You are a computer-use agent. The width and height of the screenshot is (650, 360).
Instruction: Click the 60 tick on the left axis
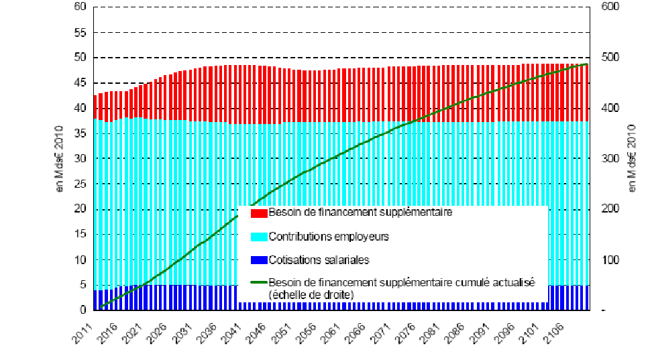(80, 7)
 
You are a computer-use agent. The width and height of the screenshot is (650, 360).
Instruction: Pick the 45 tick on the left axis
(80, 82)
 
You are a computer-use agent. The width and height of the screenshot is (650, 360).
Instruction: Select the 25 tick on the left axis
(80, 184)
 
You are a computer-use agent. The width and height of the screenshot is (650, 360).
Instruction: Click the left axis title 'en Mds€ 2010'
(60, 159)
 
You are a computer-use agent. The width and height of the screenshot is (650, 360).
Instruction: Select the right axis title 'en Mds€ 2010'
(632, 159)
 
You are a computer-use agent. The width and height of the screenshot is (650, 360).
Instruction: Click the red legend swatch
(259, 213)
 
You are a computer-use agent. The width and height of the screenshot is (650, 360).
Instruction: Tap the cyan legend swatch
(259, 237)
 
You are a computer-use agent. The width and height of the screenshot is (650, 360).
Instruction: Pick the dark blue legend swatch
(259, 260)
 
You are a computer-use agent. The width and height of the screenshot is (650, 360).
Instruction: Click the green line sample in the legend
(259, 283)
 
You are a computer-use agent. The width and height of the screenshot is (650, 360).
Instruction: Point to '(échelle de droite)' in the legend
(309, 294)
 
